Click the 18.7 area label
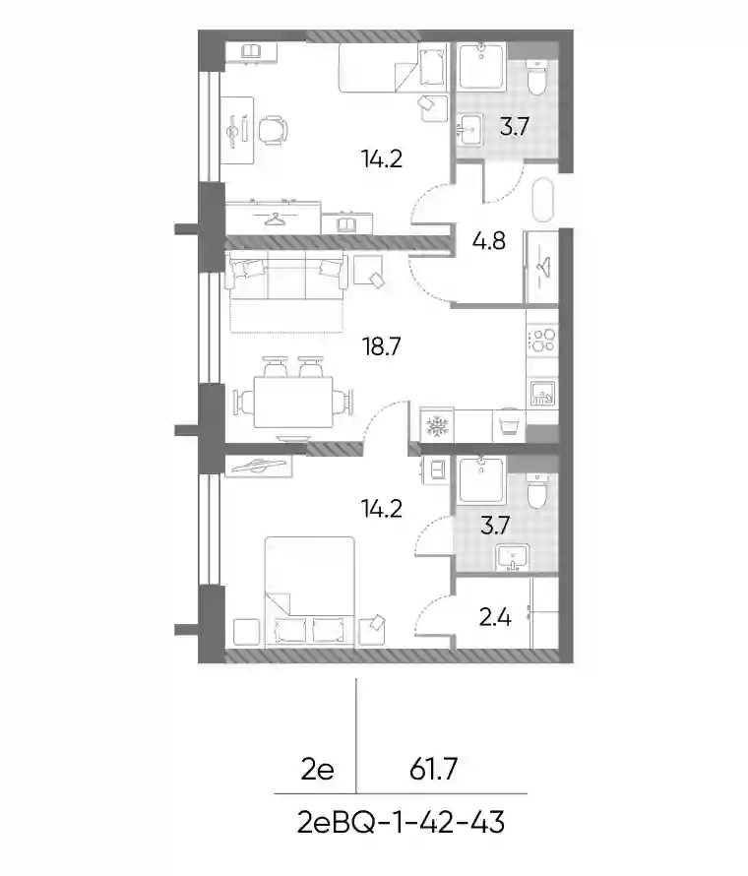[382, 346]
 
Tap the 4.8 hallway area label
[489, 241]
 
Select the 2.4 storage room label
[495, 617]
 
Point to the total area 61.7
[433, 770]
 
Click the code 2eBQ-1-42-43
[402, 823]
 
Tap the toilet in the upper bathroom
[537, 78]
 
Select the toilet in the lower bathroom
[537, 491]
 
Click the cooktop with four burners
[542, 341]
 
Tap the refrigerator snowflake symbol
[437, 427]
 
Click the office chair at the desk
[274, 130]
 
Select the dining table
[293, 402]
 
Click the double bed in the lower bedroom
[309, 593]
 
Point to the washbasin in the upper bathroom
[468, 129]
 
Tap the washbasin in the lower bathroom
[513, 558]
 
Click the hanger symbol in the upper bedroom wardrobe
[274, 219]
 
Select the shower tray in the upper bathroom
[481, 66]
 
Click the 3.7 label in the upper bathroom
[514, 127]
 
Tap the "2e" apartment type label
[317, 771]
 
